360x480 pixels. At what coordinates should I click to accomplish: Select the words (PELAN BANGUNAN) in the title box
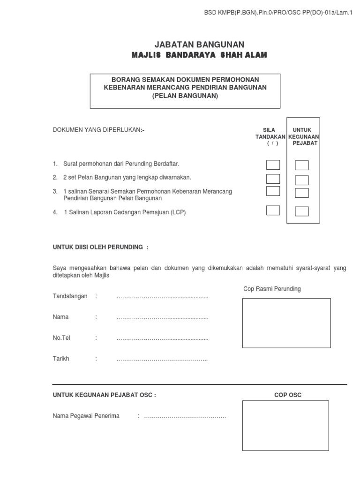185,96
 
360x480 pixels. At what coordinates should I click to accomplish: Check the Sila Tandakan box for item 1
273,165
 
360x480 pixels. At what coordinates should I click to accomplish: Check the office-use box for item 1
302,165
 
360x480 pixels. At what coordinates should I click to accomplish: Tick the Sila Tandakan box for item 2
273,179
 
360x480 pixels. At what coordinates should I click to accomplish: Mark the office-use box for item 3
302,193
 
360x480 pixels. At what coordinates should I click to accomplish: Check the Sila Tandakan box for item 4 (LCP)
273,210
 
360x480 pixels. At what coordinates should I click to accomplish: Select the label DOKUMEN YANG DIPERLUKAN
99,130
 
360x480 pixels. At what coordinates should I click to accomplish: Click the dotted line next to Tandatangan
162,297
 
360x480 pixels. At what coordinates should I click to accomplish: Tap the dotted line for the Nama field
162,317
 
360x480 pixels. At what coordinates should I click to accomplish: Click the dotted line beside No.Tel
162,338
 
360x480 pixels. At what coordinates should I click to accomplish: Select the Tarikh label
61,359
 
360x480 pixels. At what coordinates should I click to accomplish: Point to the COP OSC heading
288,395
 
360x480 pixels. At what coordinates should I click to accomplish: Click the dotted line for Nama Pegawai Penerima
185,416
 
